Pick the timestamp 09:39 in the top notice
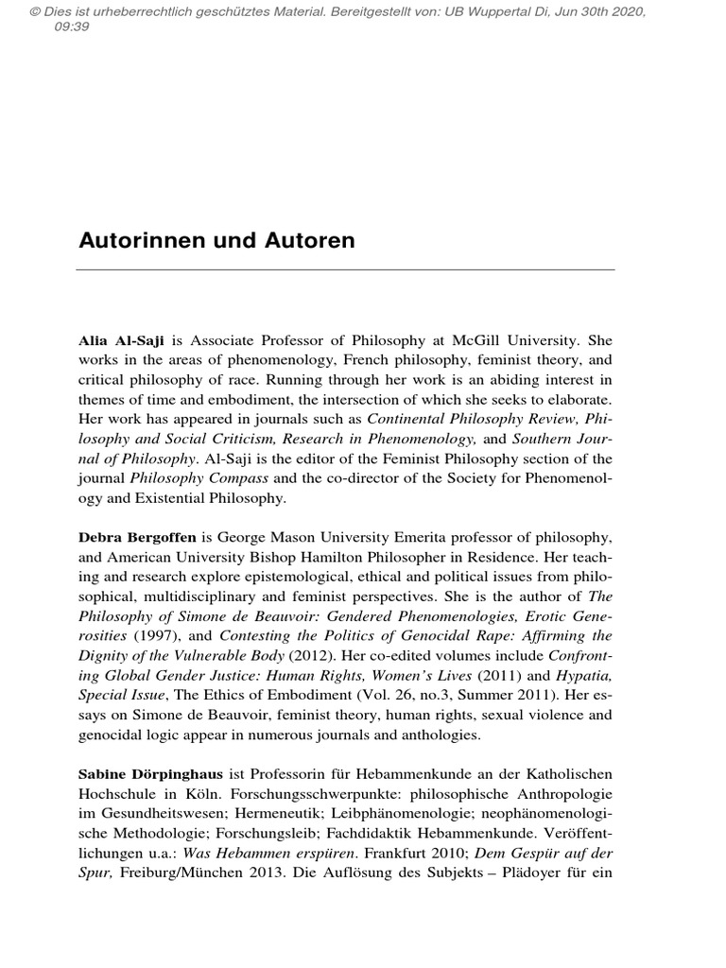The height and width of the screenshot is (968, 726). (73, 26)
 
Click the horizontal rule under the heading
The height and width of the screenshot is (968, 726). (344, 269)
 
